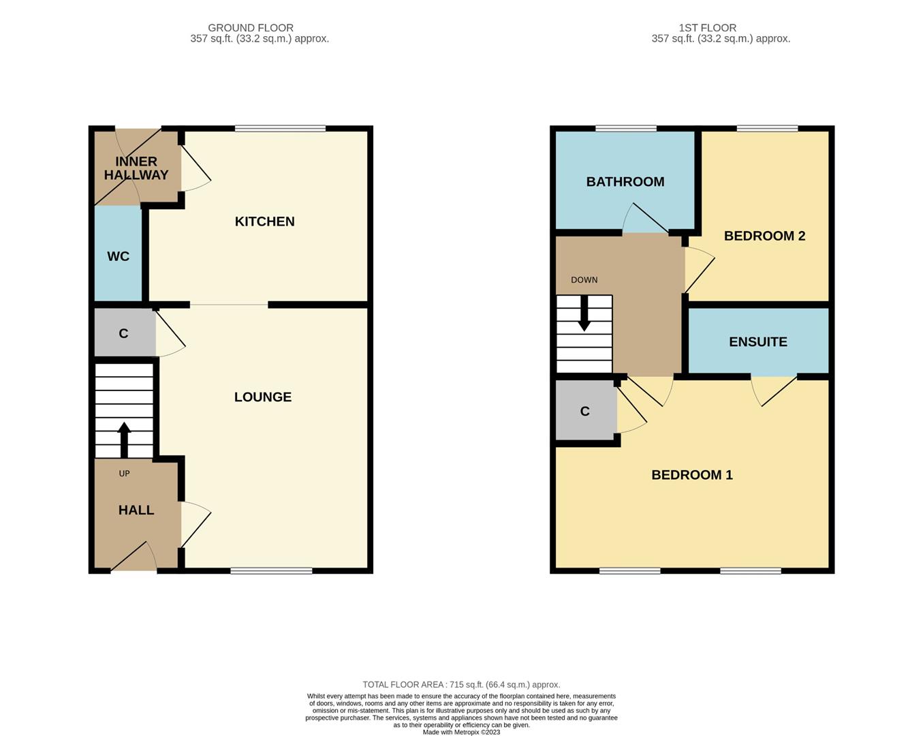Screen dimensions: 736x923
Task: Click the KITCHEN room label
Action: pos(264,221)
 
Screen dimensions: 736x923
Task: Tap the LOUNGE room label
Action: pos(263,397)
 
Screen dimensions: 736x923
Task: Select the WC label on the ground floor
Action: pos(118,257)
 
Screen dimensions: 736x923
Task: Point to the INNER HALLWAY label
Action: pos(136,168)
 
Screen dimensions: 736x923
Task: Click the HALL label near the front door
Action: pos(136,510)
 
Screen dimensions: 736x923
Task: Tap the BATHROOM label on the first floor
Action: pos(625,182)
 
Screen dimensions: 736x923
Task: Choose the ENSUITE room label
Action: pos(758,342)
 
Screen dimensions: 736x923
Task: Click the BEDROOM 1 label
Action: pos(692,475)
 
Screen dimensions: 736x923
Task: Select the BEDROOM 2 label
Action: pos(764,236)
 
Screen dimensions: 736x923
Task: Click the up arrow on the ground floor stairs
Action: pos(124,440)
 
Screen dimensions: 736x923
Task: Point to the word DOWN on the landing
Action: pos(584,280)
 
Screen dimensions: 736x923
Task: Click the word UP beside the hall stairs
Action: pos(124,474)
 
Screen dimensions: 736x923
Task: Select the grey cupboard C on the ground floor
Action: pos(124,333)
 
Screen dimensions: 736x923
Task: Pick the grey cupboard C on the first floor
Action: pos(585,412)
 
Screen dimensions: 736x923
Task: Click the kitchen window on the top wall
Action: pos(280,128)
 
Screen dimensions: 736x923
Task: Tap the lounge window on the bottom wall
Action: pos(271,571)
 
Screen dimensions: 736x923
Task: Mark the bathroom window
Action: pos(626,128)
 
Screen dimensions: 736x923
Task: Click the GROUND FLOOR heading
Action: pos(251,28)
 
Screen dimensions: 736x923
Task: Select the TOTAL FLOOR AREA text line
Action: pos(461,685)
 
